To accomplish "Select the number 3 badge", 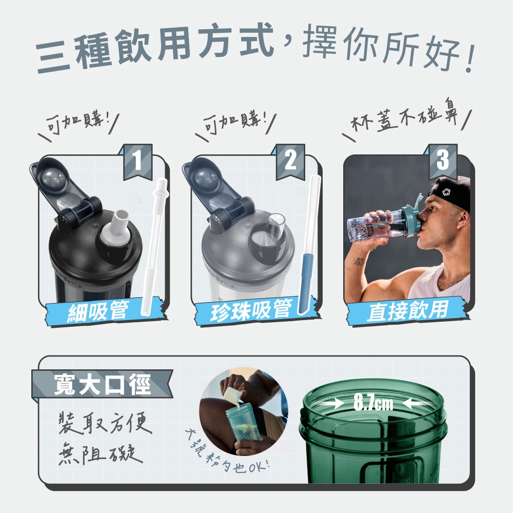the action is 443,161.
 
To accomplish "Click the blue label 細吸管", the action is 105,311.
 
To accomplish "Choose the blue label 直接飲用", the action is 408,311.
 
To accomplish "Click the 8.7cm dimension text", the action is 373,402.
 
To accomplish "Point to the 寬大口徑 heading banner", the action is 102,384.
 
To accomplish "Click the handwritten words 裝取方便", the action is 105,424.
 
